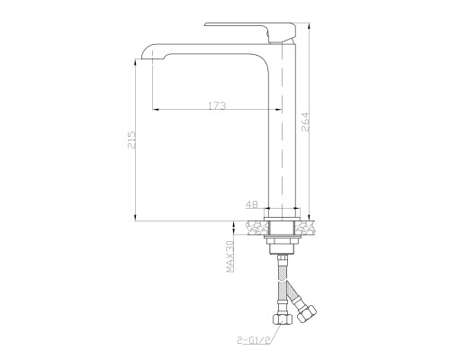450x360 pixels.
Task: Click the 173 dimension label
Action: click(x=216, y=106)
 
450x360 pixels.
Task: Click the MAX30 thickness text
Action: click(x=230, y=256)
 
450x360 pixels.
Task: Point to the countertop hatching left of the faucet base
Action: click(x=256, y=226)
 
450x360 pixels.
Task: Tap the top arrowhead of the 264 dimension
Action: click(x=309, y=23)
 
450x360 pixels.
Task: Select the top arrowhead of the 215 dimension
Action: click(x=136, y=56)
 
